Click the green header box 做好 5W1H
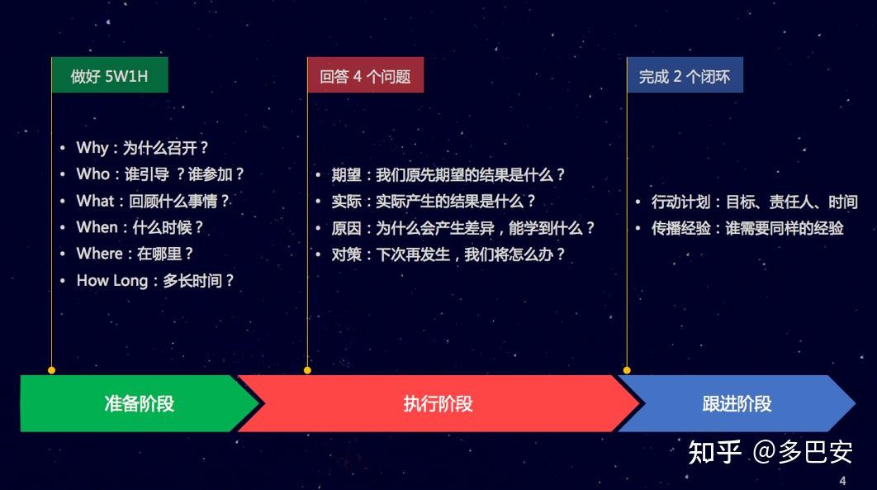pos(110,76)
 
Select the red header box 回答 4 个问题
pos(365,76)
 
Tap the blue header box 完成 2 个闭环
pos(685,76)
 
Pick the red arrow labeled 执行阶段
pos(438,403)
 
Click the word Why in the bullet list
pos(92,148)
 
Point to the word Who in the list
pos(92,174)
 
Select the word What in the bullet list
pos(95,201)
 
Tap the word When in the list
pos(97,227)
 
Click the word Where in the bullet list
pos(99,254)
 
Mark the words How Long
pos(111,280)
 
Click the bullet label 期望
pos(347,175)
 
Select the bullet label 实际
pos(347,202)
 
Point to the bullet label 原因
pos(347,228)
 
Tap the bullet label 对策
pos(347,255)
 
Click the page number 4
pos(842,481)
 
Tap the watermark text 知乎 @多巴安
pos(770,451)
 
